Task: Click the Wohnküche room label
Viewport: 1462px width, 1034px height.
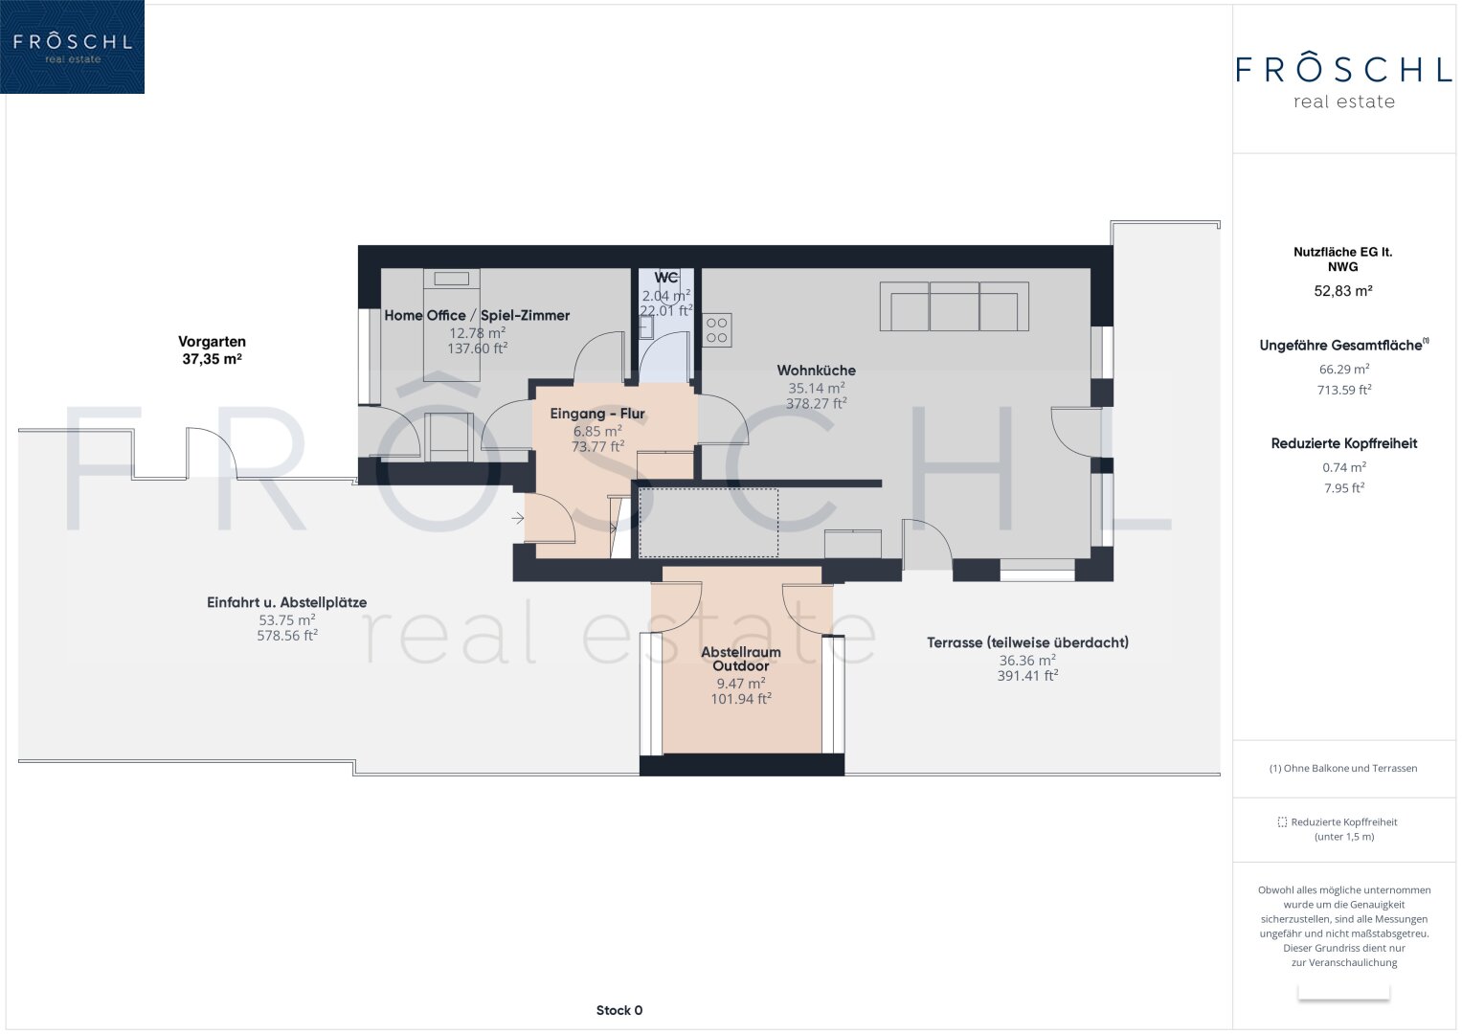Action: coord(816,371)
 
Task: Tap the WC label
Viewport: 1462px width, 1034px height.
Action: coord(665,278)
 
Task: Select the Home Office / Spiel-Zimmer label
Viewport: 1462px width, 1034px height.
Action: coord(477,315)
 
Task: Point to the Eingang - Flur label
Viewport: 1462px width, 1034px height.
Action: coord(597,414)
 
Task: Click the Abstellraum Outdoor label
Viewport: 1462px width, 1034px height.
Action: coord(741,659)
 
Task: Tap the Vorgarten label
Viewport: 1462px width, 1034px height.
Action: coord(213,342)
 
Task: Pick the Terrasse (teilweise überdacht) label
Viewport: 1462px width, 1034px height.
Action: coord(1027,642)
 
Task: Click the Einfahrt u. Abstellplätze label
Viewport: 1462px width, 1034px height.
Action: coord(286,602)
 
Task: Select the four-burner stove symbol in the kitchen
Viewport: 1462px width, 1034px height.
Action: coord(717,329)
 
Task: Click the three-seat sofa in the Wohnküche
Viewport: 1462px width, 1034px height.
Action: coord(955,306)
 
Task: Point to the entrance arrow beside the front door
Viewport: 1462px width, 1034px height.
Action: coord(518,518)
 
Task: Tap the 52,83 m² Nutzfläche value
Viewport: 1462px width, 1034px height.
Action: coord(1343,291)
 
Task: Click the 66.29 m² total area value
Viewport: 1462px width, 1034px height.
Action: coord(1344,369)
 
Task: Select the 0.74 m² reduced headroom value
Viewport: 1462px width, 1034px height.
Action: coord(1344,467)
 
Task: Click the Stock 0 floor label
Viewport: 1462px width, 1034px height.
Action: coord(619,1010)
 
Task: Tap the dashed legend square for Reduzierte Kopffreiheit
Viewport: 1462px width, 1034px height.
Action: coord(1282,821)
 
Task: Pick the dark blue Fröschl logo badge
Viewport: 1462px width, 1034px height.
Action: coord(73,47)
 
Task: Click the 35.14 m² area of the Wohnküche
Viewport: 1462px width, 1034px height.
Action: coord(816,388)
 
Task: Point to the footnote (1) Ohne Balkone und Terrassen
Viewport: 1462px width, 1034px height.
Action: coord(1343,768)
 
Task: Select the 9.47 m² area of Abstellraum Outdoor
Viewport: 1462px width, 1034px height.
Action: coord(741,684)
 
